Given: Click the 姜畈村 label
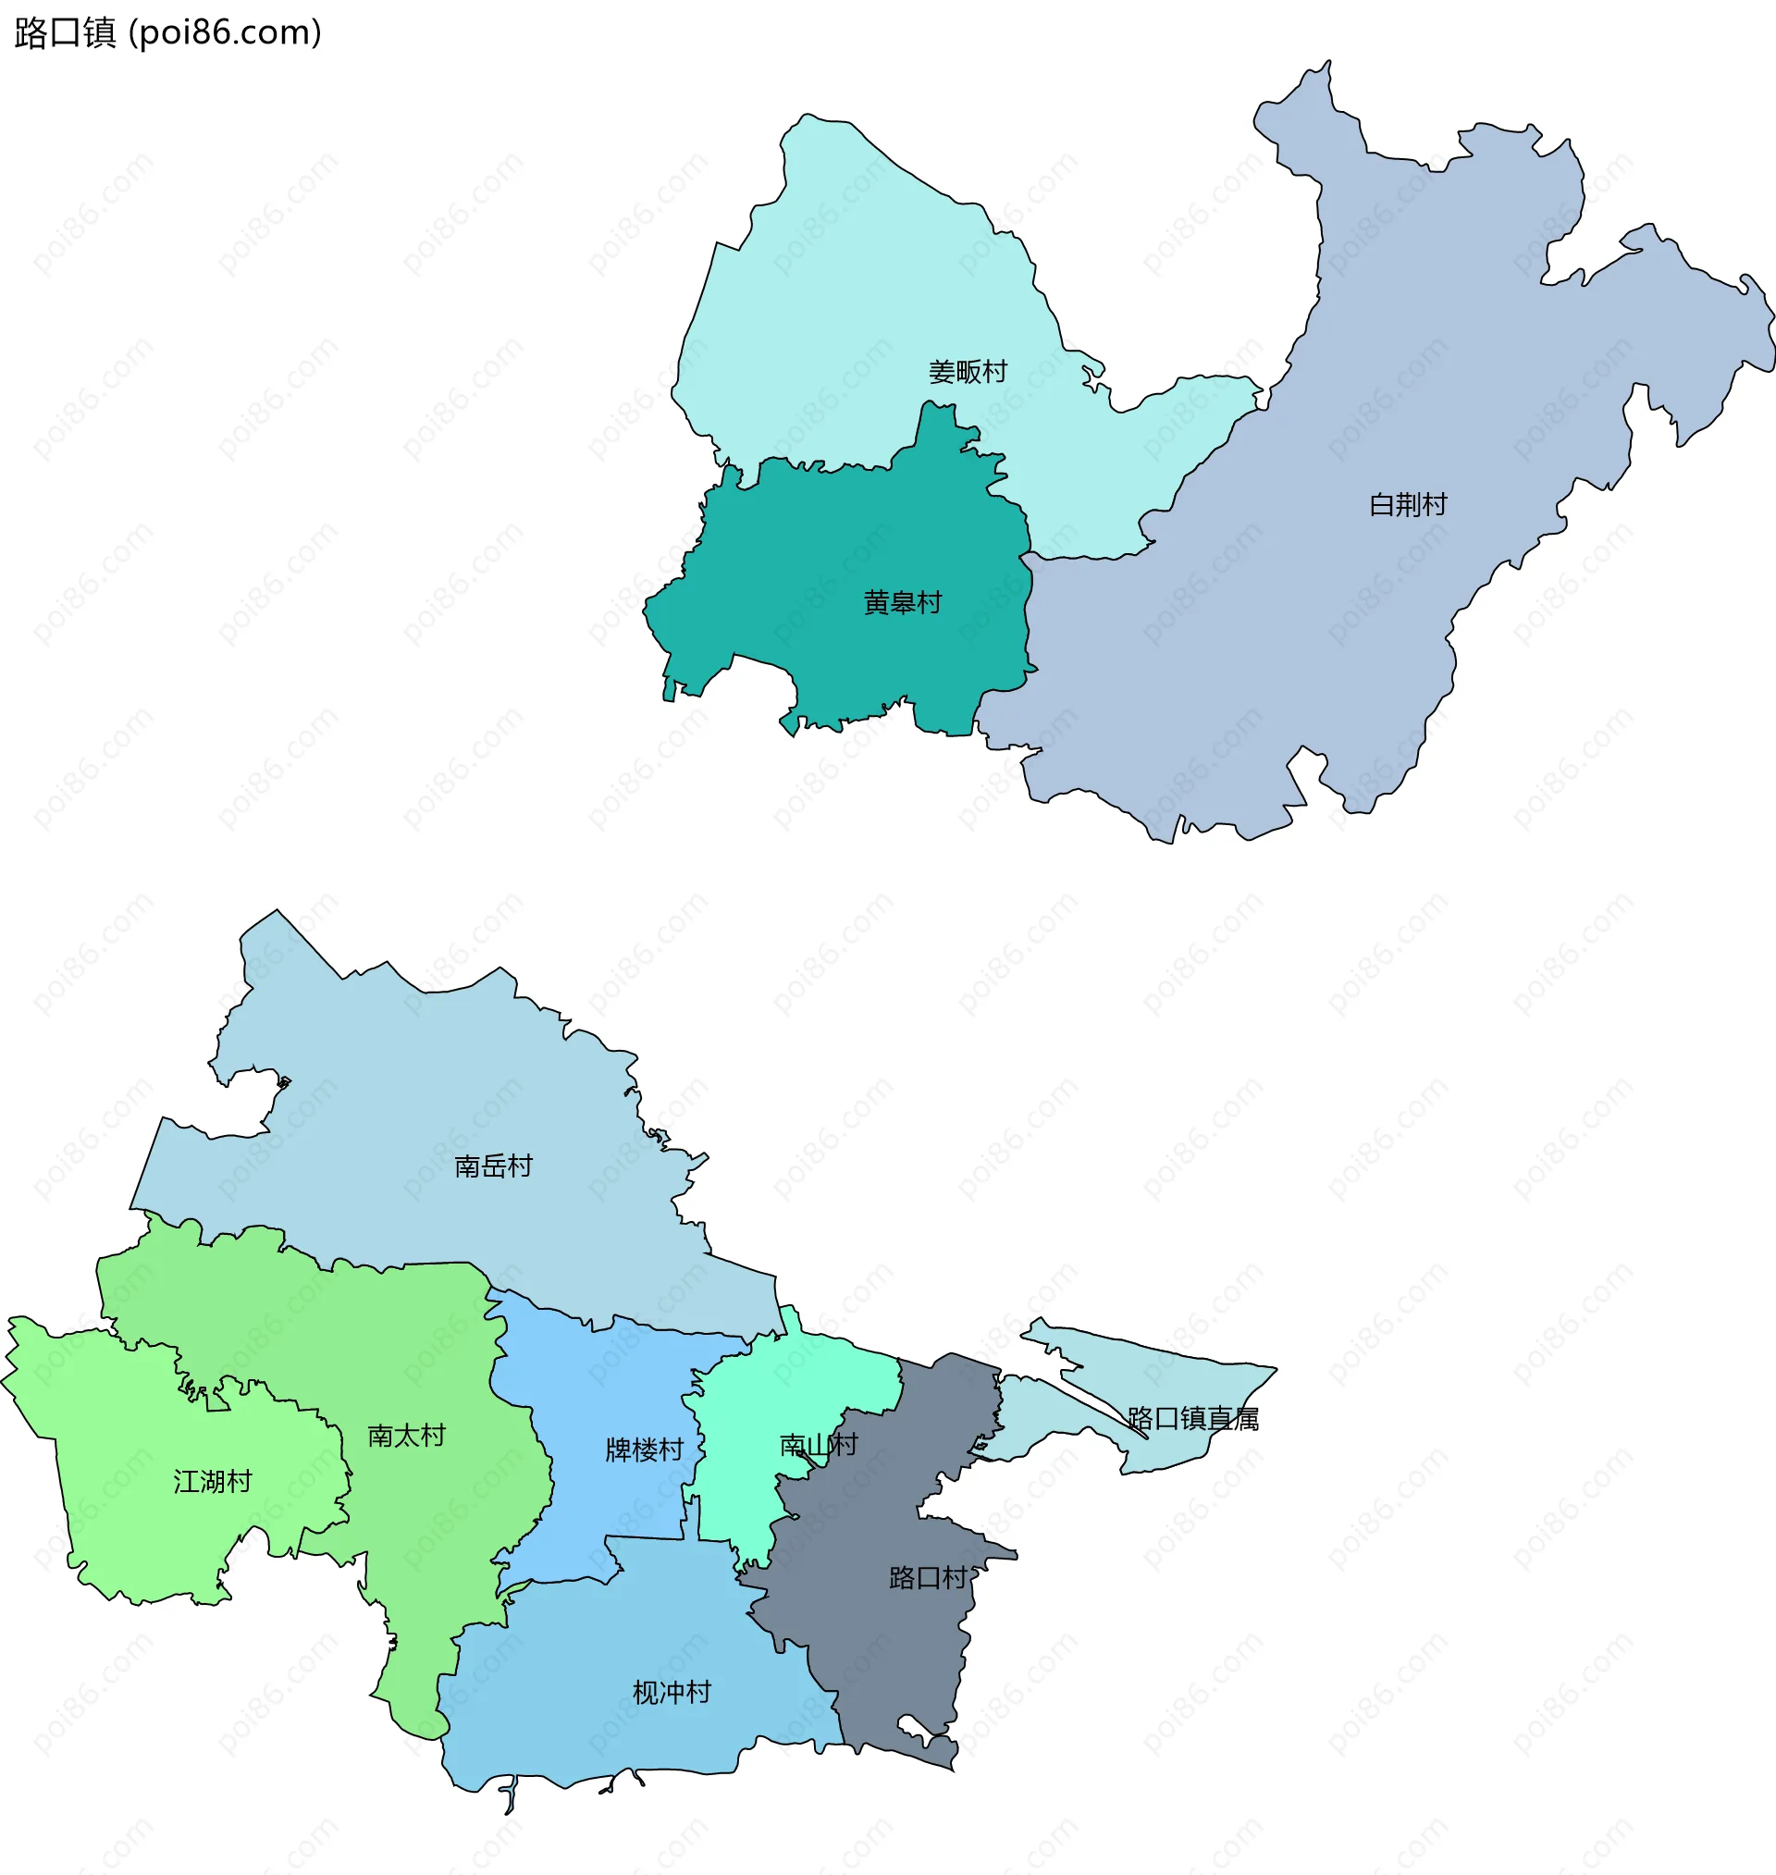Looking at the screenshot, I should click(968, 372).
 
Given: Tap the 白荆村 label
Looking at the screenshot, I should click(1408, 504).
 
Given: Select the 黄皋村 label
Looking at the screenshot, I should click(902, 603).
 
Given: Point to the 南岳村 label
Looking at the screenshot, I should click(493, 1166).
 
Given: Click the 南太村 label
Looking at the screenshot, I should click(406, 1436).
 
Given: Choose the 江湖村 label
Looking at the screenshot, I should click(212, 1481).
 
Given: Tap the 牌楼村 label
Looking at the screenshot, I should click(644, 1450).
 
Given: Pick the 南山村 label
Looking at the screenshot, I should click(818, 1444).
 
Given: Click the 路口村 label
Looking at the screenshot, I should click(928, 1578).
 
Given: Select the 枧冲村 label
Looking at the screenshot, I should click(672, 1693).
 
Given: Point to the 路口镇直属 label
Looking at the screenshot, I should click(1193, 1419).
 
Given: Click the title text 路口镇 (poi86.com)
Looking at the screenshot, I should click(168, 32).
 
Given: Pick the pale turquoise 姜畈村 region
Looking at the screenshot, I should click(852, 284).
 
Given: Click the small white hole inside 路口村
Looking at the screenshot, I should click(917, 1728).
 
